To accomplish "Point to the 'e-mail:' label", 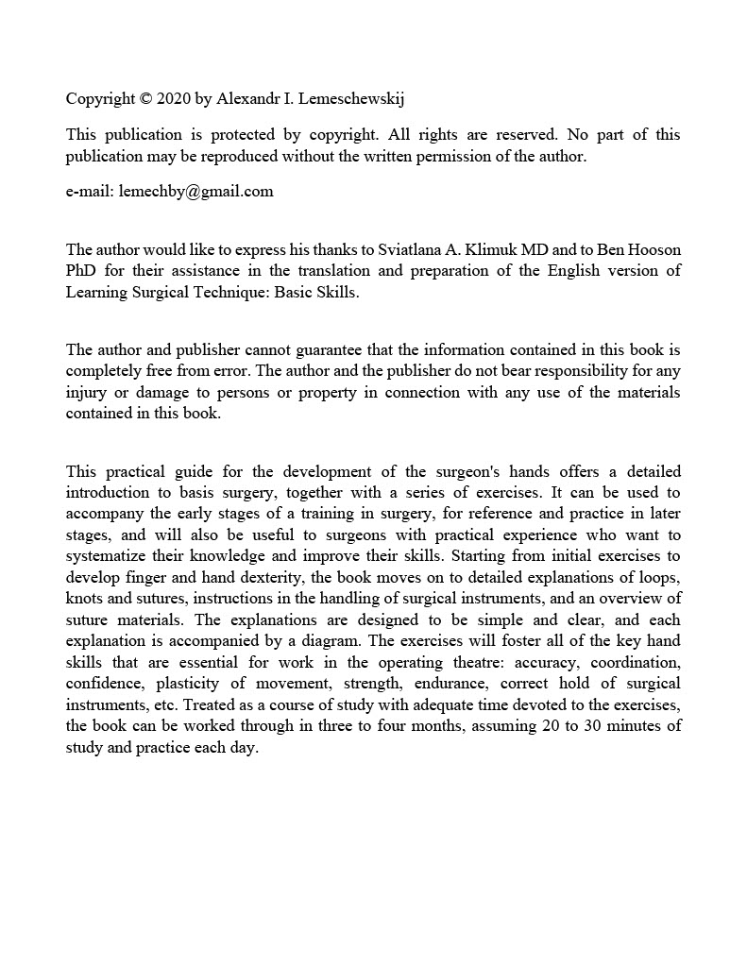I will pos(90,192).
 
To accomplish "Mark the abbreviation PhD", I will pos(81,272).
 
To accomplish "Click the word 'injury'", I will pos(84,392).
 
